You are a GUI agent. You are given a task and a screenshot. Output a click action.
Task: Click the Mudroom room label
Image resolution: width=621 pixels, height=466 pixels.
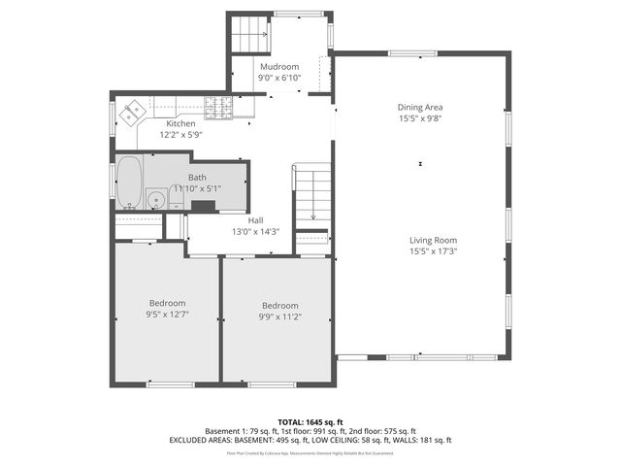tap(278, 66)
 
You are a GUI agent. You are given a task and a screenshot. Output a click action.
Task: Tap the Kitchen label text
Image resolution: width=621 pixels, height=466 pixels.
tap(180, 123)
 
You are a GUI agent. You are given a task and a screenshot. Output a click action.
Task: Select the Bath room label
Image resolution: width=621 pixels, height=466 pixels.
tap(197, 177)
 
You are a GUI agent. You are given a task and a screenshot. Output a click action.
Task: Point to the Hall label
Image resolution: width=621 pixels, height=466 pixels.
tap(255, 220)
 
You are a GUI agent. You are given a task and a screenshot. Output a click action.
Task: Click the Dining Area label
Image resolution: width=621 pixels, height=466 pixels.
tap(420, 107)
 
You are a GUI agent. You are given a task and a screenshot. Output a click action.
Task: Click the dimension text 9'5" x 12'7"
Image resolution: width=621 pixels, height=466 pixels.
tap(167, 315)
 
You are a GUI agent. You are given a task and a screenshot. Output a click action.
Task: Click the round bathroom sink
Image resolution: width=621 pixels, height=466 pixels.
tap(155, 200)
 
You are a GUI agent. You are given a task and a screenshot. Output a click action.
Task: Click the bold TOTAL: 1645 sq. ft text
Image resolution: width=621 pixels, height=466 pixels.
tap(310, 422)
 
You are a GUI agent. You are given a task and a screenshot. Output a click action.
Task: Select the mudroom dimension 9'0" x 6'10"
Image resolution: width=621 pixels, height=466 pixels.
tap(278, 77)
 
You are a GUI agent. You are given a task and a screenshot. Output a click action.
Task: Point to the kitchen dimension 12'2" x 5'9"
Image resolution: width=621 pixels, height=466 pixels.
tap(180, 134)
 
